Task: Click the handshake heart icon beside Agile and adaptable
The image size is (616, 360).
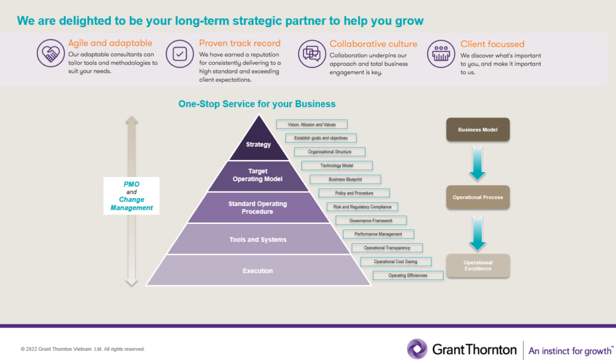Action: [50, 54]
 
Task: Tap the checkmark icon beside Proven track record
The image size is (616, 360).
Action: [179, 54]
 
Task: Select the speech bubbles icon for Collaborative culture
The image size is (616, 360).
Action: [311, 54]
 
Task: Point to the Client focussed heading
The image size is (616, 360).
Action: [492, 44]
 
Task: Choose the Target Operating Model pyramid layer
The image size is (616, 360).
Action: [257, 175]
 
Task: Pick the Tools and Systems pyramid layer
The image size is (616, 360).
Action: [257, 240]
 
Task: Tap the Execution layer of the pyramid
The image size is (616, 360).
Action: [257, 271]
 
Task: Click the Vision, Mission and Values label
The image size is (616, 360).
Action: [312, 125]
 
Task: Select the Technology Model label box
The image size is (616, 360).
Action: [337, 166]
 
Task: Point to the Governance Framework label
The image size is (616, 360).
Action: [371, 220]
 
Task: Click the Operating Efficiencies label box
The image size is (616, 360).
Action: [408, 275]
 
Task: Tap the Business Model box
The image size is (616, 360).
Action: [478, 129]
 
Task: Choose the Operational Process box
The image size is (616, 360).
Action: [478, 197]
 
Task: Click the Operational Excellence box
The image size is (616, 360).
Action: [478, 265]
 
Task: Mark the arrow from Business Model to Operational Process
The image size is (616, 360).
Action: [478, 163]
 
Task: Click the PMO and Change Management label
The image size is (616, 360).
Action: [132, 196]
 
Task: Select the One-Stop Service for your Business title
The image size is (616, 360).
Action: [257, 104]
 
